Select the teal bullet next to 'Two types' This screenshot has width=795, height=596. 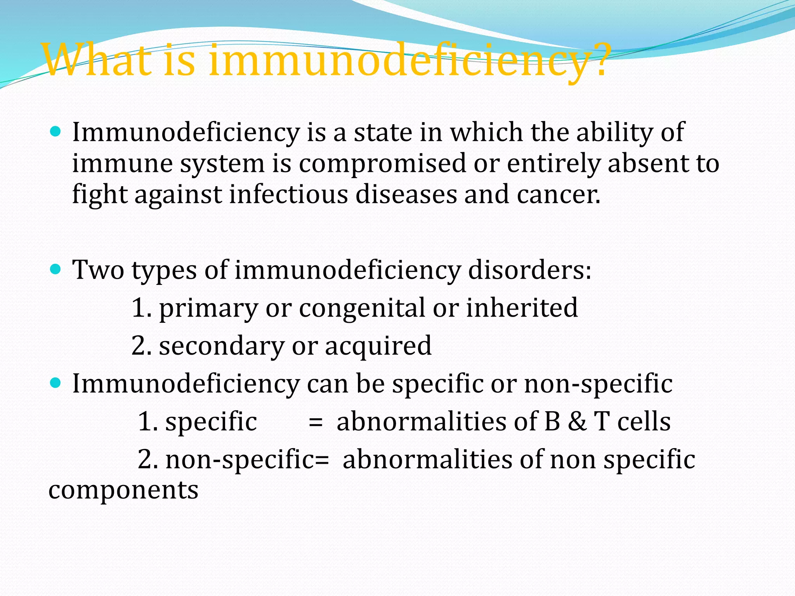[x=56, y=269]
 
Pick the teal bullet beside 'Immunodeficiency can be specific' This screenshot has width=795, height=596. [x=56, y=383]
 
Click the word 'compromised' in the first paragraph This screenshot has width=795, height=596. [x=382, y=163]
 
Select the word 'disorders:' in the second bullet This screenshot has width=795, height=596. [x=529, y=270]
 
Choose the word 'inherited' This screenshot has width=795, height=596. [x=522, y=308]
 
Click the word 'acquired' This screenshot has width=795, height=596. [x=378, y=346]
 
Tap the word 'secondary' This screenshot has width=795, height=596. [x=222, y=346]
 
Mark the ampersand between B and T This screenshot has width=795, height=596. [x=577, y=421]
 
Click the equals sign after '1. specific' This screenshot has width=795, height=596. [x=315, y=422]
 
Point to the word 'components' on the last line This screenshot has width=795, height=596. [x=123, y=490]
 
